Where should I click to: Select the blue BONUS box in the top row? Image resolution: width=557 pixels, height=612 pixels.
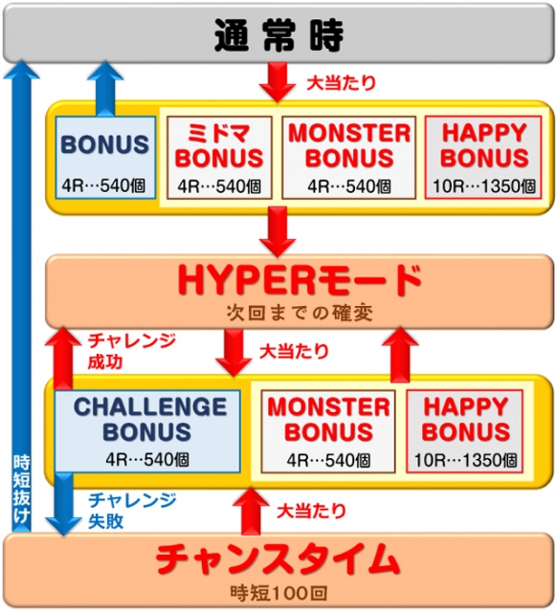[105, 157]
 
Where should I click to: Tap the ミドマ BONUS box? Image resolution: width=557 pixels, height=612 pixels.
[219, 157]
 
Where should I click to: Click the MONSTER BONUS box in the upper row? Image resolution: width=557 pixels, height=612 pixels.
[348, 157]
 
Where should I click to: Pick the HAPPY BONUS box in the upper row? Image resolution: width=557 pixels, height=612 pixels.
[483, 157]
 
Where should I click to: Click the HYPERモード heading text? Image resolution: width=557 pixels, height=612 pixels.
[300, 280]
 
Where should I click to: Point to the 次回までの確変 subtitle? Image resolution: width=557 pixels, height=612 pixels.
[300, 313]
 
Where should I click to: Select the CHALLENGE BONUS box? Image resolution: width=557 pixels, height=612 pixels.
[147, 431]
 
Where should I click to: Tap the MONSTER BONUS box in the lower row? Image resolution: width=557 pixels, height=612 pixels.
[328, 431]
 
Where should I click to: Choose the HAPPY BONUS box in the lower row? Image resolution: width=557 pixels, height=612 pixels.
[465, 431]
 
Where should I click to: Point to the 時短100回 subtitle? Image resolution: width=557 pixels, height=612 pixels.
[278, 593]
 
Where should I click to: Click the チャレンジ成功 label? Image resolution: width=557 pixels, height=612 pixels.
[131, 351]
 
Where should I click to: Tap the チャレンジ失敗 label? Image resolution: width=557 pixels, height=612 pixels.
[132, 510]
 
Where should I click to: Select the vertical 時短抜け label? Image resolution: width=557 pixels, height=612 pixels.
[21, 489]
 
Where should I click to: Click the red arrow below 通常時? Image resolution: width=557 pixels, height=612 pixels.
[278, 82]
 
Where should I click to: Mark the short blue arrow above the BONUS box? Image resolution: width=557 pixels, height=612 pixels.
[105, 88]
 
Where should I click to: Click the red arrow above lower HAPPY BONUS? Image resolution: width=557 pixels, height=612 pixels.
[400, 355]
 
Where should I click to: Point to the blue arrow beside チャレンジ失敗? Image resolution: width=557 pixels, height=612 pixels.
[64, 504]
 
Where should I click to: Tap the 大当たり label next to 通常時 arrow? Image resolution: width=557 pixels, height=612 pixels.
[342, 83]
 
